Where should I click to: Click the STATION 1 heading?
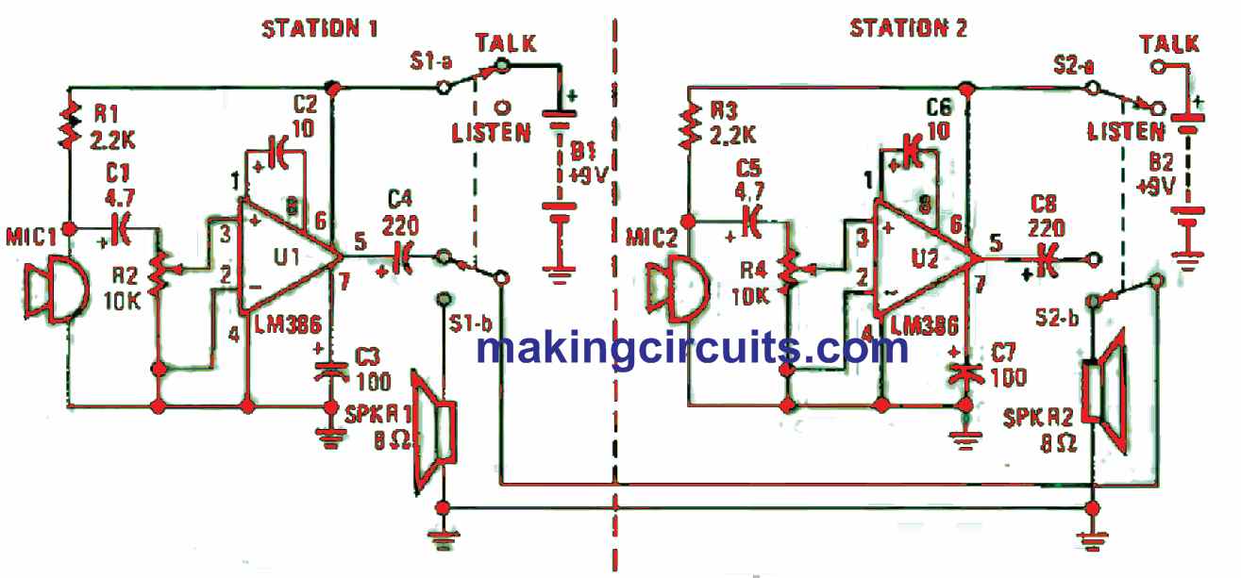[319, 27]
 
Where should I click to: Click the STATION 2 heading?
[908, 27]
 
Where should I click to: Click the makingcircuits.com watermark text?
[692, 348]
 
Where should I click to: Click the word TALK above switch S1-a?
[506, 43]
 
